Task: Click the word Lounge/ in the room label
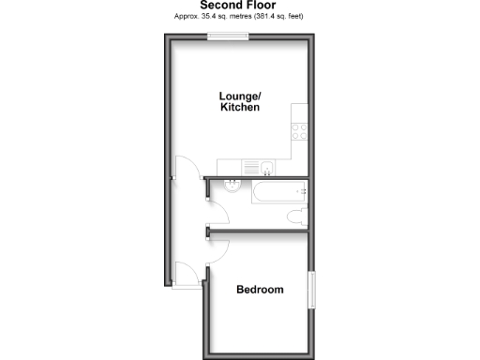click(239, 96)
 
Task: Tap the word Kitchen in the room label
click(239, 108)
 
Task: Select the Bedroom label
click(260, 290)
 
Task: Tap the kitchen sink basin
click(266, 168)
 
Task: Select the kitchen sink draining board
click(249, 168)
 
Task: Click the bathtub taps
click(302, 190)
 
